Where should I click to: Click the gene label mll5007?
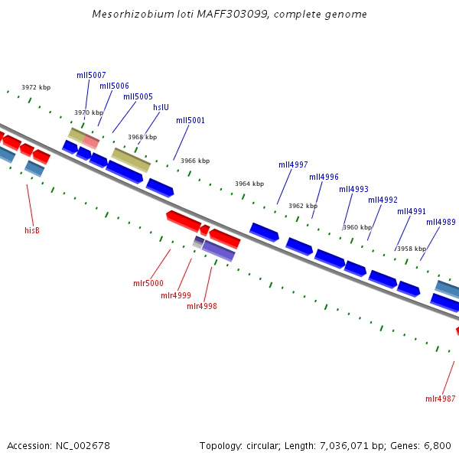click(91, 75)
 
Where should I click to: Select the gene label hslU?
click(161, 108)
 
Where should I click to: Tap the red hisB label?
click(32, 230)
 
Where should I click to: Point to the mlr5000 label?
click(148, 283)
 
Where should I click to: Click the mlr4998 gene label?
click(202, 306)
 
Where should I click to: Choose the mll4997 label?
click(293, 164)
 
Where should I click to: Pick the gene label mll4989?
click(441, 222)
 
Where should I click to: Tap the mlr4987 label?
click(441, 399)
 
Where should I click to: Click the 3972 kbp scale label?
click(36, 88)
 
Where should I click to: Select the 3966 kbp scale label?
click(195, 161)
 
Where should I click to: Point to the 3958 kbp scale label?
click(411, 249)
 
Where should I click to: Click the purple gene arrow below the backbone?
click(219, 250)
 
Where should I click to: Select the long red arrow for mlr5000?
click(184, 221)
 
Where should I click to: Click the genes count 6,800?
click(438, 445)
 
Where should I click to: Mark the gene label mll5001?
click(190, 121)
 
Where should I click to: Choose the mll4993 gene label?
click(353, 189)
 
